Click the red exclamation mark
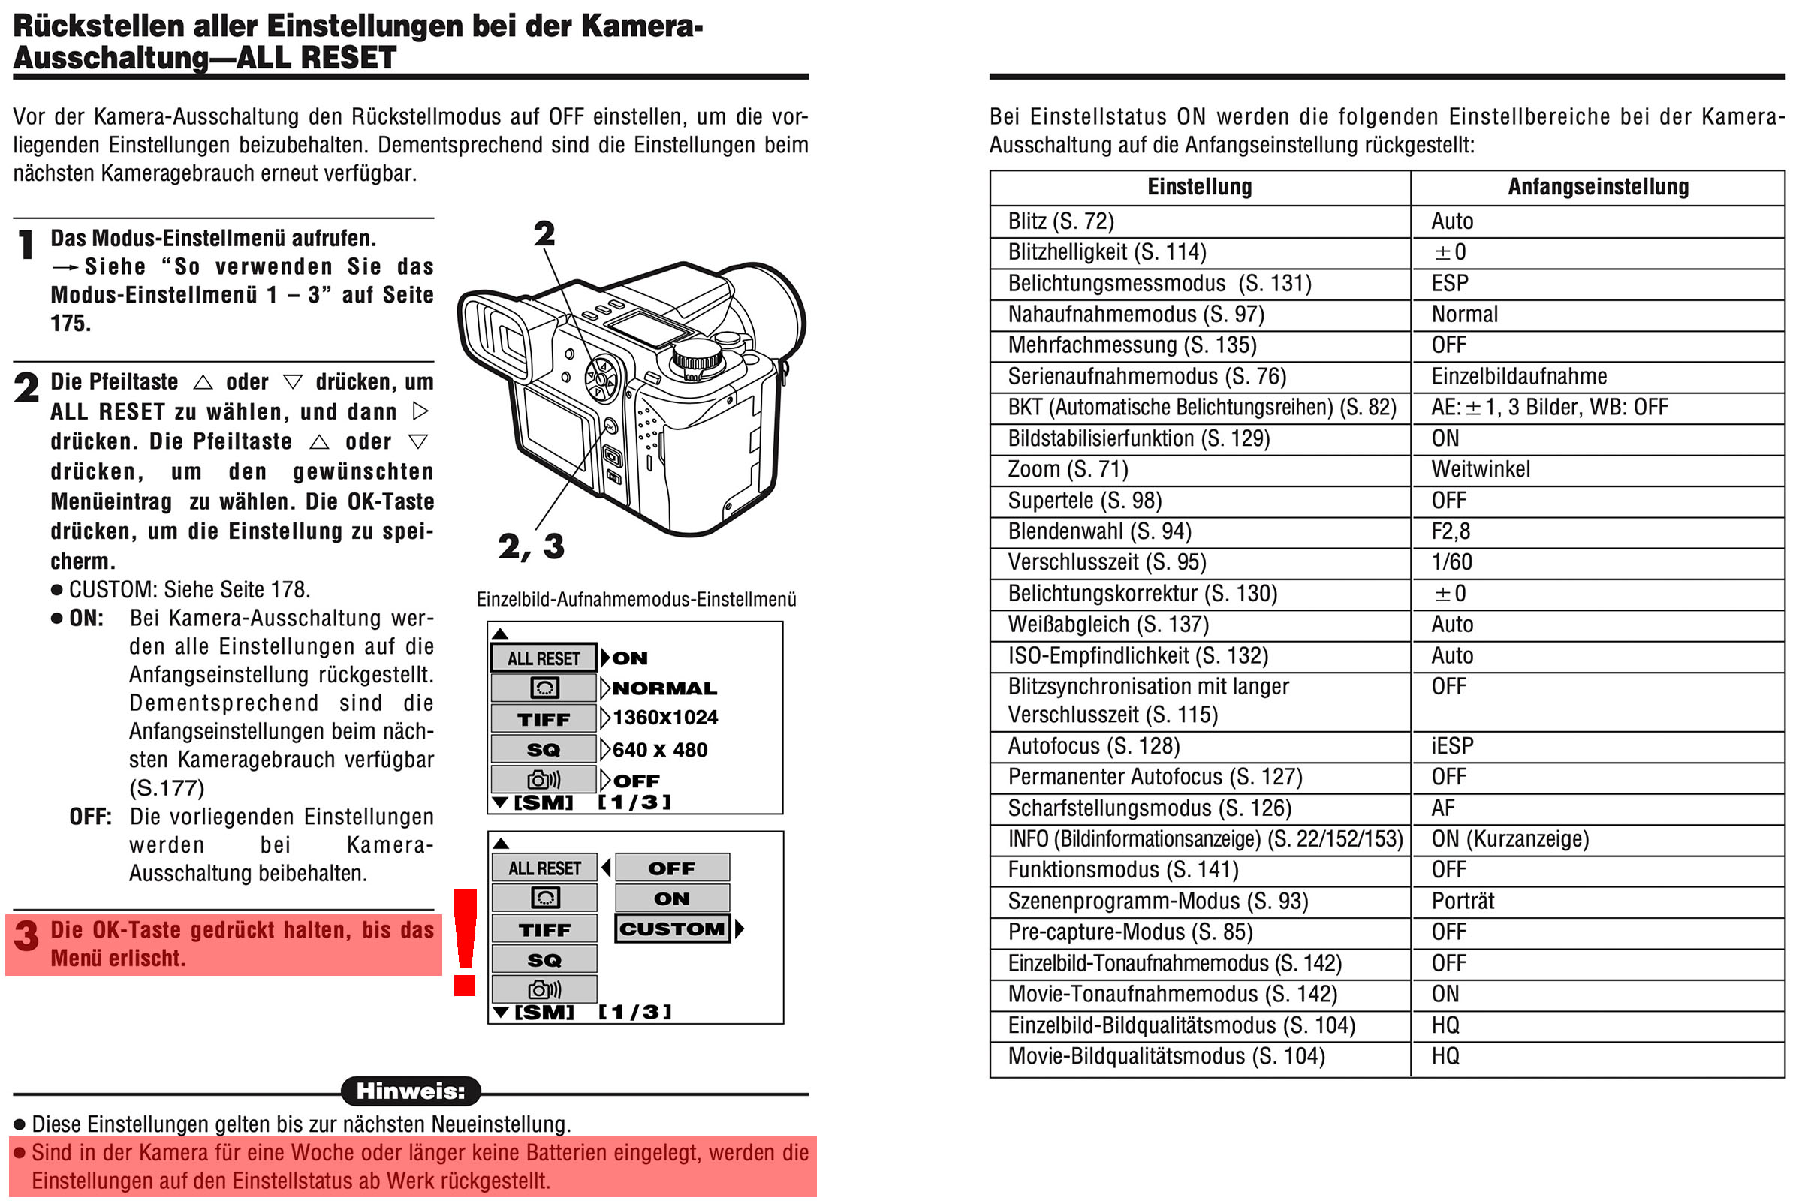pos(465,941)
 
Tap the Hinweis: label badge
pos(411,1091)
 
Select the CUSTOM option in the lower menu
pos(672,929)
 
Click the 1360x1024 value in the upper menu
pos(665,718)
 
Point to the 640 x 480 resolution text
pos(660,750)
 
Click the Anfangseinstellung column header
pos(1598,187)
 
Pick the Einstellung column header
pos(1199,187)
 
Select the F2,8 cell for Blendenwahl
pos(1451,531)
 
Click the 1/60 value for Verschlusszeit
pos(1451,562)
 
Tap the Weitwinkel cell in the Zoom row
pos(1480,470)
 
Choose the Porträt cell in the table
pos(1462,902)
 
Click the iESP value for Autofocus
pos(1452,746)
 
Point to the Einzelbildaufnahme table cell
pos(1518,377)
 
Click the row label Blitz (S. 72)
pos(1060,221)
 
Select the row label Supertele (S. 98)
pos(1084,501)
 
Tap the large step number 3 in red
pos(27,935)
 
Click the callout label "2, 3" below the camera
pos(531,547)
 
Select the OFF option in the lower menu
pos(672,868)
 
